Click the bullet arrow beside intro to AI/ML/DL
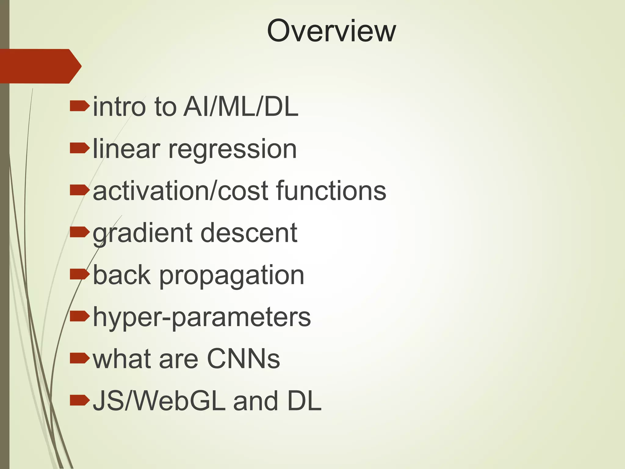(x=79, y=107)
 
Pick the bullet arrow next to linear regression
(x=79, y=148)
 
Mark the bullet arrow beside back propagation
(x=79, y=274)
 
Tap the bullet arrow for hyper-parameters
(x=79, y=316)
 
